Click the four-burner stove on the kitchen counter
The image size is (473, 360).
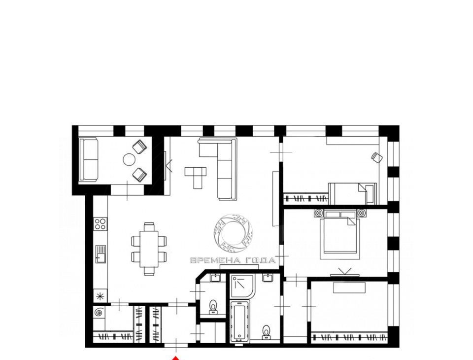point(101,224)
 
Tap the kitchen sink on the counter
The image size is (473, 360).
point(101,254)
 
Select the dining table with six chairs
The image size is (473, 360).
point(149,249)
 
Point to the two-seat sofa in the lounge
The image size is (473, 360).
point(88,159)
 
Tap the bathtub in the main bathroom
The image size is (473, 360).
point(240,322)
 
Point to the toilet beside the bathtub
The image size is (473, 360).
point(266,331)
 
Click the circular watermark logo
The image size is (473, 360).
point(233,233)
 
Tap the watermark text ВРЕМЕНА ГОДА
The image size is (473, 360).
point(233,260)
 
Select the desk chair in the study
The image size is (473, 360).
point(377,157)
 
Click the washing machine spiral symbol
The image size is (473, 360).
point(99,312)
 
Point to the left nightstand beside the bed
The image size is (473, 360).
point(319,213)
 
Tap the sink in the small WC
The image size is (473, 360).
point(215,278)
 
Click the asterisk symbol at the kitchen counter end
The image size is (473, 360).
point(100,296)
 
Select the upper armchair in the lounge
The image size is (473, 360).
point(139,146)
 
